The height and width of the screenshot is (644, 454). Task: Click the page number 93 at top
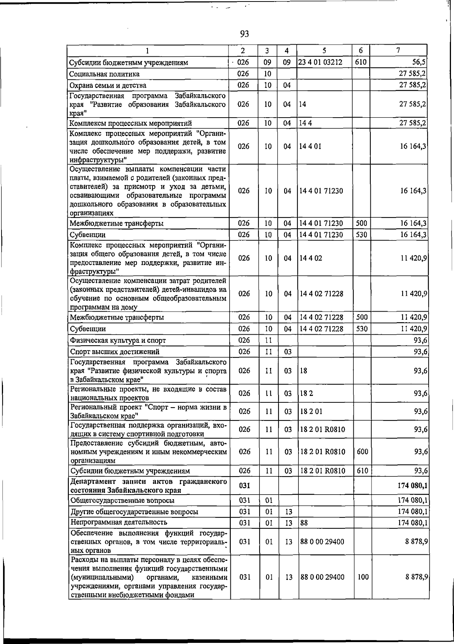[x=244, y=34]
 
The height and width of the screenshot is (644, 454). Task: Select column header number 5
[x=324, y=50]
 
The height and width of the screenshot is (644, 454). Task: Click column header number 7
[x=398, y=50]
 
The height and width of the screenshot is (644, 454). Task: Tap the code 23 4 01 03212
[x=320, y=62]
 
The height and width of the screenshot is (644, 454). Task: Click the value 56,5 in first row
[x=419, y=62]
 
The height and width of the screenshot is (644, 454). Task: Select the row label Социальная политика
[x=104, y=74]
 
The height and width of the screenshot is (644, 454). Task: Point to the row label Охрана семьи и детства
[x=108, y=85]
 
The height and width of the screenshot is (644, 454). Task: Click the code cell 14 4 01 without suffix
[x=310, y=146]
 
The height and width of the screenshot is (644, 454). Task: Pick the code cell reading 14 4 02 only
[x=311, y=258]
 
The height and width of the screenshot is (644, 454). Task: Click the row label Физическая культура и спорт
[x=118, y=340]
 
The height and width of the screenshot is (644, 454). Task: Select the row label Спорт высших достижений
[x=115, y=352]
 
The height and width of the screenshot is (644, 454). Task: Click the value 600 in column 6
[x=362, y=452]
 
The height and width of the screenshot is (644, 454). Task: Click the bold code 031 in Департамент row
[x=244, y=486]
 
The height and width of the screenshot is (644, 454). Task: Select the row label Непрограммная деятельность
[x=119, y=522]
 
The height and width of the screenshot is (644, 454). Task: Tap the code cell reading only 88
[x=304, y=523]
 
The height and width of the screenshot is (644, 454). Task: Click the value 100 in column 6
[x=362, y=577]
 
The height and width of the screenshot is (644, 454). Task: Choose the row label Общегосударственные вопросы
[x=122, y=501]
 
